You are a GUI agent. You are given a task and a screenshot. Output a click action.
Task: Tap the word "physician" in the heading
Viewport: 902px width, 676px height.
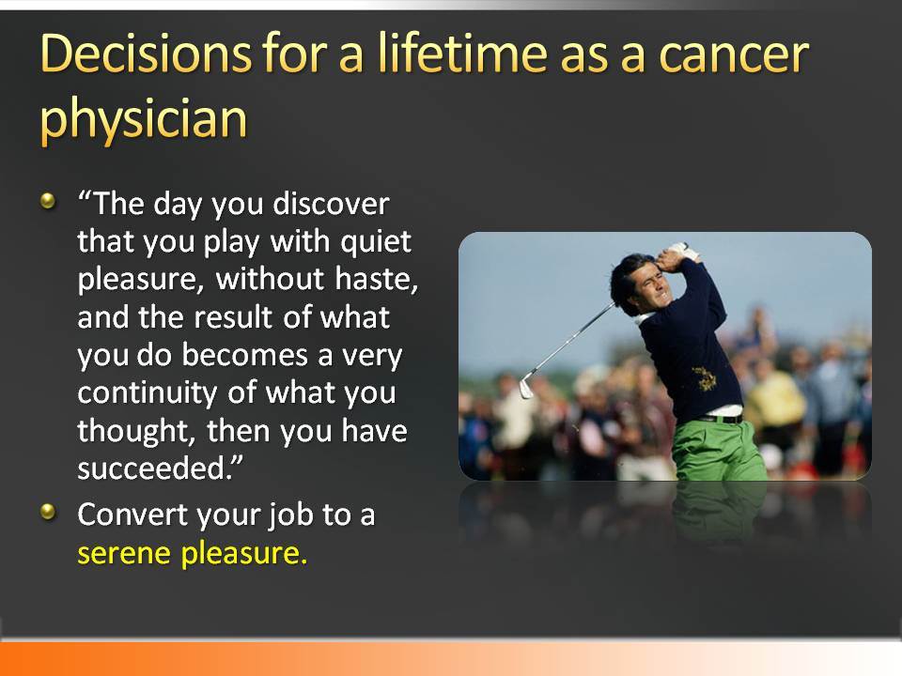coord(144,119)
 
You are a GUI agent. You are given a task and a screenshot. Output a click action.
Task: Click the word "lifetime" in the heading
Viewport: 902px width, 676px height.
coord(463,53)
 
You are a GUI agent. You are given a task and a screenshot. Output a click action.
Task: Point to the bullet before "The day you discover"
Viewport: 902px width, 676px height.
coord(48,201)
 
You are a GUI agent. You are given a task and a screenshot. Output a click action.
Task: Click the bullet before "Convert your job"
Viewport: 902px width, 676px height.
coord(48,511)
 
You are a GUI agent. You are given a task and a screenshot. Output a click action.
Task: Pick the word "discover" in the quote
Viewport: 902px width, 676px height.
coord(331,204)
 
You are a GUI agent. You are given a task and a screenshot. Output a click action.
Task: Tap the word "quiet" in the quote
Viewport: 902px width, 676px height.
coord(376,242)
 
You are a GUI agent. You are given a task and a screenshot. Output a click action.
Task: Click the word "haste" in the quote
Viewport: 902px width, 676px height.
coord(376,280)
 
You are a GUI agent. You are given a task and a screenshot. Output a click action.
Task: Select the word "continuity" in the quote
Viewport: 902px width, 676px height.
coord(148,394)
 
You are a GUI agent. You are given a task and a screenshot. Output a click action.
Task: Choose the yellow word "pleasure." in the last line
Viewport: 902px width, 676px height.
coord(244,554)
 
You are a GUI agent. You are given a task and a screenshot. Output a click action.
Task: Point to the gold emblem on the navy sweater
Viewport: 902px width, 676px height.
coord(704,378)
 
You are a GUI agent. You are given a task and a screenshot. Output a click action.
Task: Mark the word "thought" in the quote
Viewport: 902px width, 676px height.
coord(136,431)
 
